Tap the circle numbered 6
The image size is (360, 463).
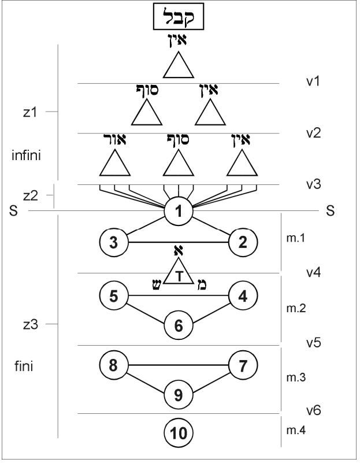click(179, 325)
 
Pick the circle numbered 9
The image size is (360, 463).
click(179, 395)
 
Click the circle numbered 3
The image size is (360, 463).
click(114, 242)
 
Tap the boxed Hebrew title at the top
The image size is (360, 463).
click(179, 19)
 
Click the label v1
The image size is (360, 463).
click(313, 82)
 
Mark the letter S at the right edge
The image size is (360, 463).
click(331, 212)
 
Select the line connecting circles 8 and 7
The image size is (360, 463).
click(179, 365)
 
